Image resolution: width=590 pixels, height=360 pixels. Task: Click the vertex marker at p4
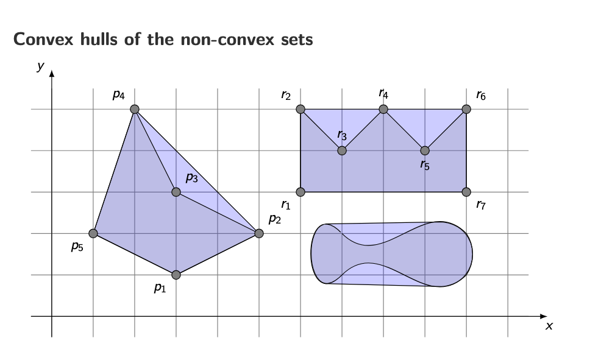[x=135, y=109]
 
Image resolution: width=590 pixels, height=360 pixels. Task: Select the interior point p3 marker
[x=176, y=192]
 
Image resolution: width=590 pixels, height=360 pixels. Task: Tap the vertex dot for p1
[x=176, y=275]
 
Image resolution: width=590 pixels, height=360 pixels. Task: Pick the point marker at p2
[x=259, y=233]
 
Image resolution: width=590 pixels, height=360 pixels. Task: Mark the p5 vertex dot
[x=93, y=233]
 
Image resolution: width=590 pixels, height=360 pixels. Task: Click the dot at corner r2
[x=300, y=109]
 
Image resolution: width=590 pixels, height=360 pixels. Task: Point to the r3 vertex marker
[x=342, y=150]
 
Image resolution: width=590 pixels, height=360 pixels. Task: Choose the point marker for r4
[x=383, y=109]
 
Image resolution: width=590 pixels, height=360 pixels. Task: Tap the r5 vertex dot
[x=425, y=150]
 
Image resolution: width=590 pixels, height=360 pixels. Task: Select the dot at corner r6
[x=466, y=109]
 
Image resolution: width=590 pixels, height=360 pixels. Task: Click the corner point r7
[x=466, y=192]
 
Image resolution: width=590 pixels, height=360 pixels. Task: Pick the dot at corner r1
[x=300, y=192]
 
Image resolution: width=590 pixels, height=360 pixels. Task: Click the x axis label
[x=549, y=326]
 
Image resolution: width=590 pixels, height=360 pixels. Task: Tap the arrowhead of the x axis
[x=544, y=316]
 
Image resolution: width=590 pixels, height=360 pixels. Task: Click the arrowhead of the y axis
[x=52, y=74]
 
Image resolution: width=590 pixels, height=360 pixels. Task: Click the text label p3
[x=191, y=178]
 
